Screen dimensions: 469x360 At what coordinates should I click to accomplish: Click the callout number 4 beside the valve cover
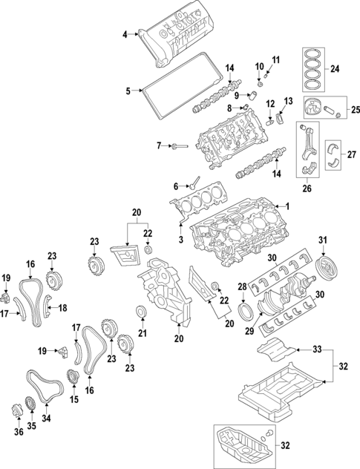coord(125,33)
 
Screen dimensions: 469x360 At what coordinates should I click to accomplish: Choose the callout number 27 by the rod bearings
coord(352,154)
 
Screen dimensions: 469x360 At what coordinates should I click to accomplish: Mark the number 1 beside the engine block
coord(281,206)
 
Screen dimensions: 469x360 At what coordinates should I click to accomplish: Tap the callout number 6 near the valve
coord(177,186)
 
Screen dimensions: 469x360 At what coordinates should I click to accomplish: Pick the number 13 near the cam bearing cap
coord(289,101)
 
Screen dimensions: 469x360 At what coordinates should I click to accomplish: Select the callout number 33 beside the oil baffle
coord(317,349)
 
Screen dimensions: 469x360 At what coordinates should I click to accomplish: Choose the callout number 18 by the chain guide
coord(62,307)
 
